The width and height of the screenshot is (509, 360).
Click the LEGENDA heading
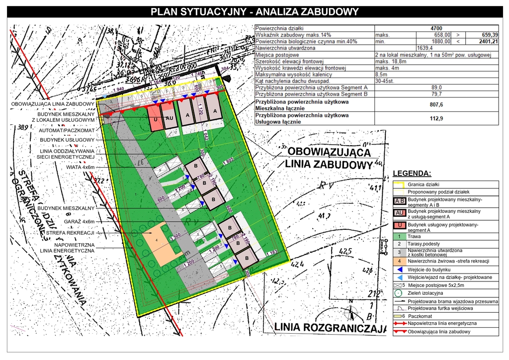coord(412,174)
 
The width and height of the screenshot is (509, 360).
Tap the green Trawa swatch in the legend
coord(399,237)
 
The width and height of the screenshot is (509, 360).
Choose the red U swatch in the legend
coord(399,226)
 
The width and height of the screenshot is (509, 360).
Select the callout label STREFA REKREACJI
coord(71,232)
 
